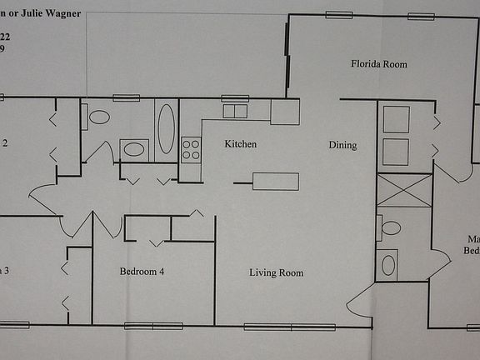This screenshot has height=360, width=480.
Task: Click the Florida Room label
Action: tap(378, 63)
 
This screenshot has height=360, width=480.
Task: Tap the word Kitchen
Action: tap(241, 144)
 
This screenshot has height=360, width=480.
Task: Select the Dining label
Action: tap(342, 145)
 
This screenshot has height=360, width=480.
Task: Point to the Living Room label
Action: tap(276, 272)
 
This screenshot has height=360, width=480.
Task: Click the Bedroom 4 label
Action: tap(147, 271)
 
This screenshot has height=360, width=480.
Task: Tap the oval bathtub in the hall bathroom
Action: tap(166, 129)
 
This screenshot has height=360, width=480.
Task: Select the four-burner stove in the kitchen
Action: tap(191, 149)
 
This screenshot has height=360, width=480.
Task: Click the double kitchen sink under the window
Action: tap(235, 111)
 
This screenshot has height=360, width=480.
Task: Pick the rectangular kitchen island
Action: tap(276, 181)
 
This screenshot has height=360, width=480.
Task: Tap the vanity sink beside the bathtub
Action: tap(133, 150)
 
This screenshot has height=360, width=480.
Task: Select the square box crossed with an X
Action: tap(404, 190)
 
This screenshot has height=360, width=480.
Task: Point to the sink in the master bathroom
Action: tap(388, 265)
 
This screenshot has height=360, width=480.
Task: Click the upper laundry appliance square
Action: tap(396, 119)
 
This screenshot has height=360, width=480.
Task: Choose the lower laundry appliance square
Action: tap(396, 152)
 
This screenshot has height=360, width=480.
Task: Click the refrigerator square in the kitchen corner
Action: tap(285, 112)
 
